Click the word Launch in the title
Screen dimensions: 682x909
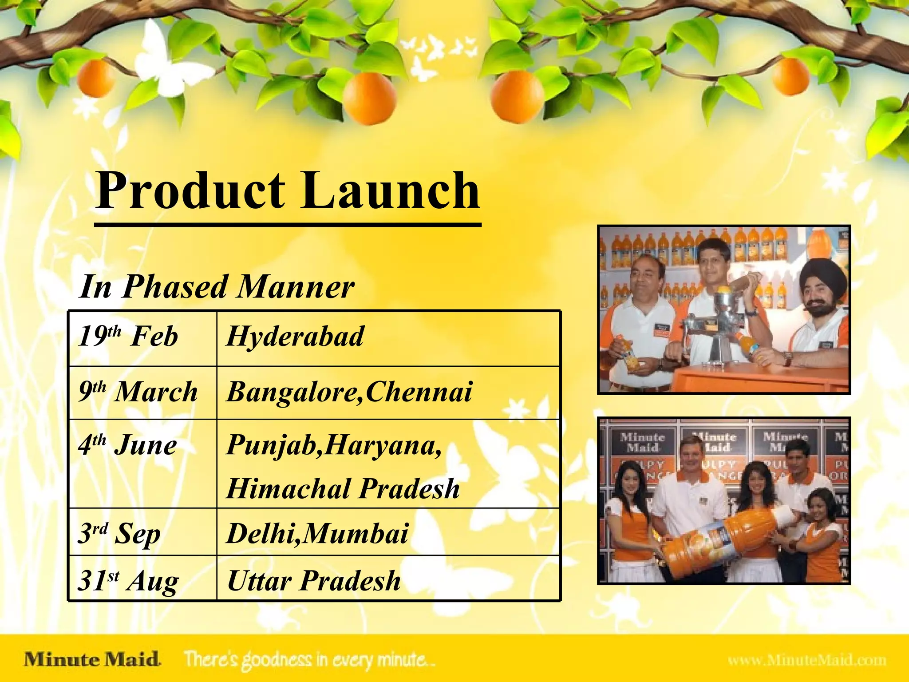click(x=391, y=191)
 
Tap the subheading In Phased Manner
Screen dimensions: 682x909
click(x=217, y=287)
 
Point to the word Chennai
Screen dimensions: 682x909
click(x=419, y=392)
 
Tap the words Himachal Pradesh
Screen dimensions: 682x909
click(x=343, y=488)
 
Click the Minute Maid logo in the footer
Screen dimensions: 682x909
click(x=92, y=659)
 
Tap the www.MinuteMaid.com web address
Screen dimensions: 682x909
click(x=807, y=660)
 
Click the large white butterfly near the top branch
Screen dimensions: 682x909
click(x=169, y=62)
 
